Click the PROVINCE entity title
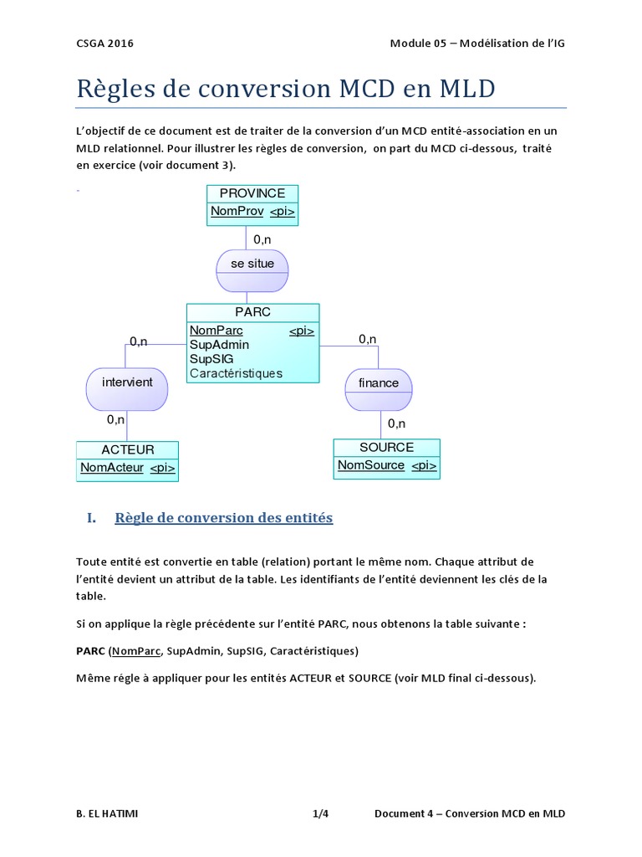tap(252, 193)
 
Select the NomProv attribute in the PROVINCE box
tap(237, 212)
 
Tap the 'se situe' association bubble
tap(252, 264)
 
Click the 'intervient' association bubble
tap(127, 382)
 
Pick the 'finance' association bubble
tap(379, 382)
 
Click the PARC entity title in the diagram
tap(252, 312)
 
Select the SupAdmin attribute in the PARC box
tap(219, 345)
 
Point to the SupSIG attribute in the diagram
tap(211, 359)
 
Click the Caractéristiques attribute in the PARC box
tap(236, 373)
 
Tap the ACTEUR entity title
tap(127, 449)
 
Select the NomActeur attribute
tap(112, 468)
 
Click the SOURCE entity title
tap(386, 447)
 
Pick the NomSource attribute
tap(371, 465)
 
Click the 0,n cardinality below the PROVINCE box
tap(262, 239)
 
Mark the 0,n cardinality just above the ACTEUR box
tap(115, 419)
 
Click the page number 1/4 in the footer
tap(321, 813)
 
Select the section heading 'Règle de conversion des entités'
tap(223, 518)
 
